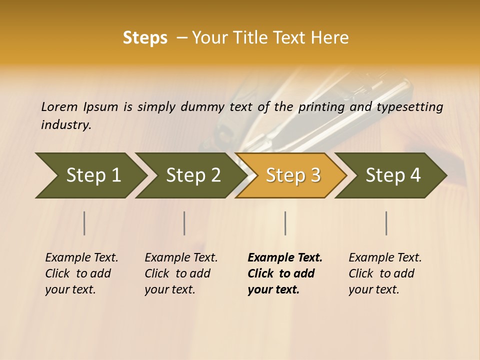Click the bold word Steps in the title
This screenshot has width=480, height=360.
point(145,38)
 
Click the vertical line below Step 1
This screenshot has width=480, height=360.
point(84,223)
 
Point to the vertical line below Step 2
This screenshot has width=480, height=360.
point(184,223)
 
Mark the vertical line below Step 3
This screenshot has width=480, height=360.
point(285,223)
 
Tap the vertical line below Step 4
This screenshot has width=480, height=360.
point(386,223)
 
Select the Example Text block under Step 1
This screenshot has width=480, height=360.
point(81,273)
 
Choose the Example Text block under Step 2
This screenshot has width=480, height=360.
point(181,273)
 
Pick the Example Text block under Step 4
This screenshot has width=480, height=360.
point(385,273)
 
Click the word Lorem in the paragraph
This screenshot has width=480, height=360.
point(59,107)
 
